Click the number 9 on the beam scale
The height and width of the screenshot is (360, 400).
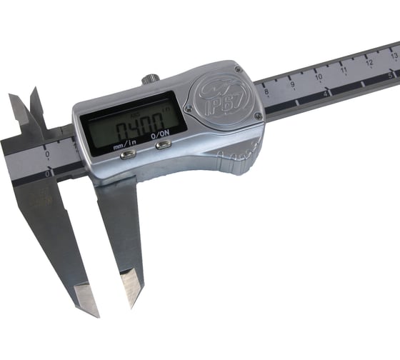pos(292,84)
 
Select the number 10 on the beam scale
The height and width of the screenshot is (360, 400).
pos(318,77)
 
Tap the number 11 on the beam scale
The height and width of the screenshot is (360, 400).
pos(344,70)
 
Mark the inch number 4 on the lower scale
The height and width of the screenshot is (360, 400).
pos(325,93)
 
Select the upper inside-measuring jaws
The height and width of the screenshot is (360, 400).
pos(29,114)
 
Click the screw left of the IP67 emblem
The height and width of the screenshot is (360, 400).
pos(188,108)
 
